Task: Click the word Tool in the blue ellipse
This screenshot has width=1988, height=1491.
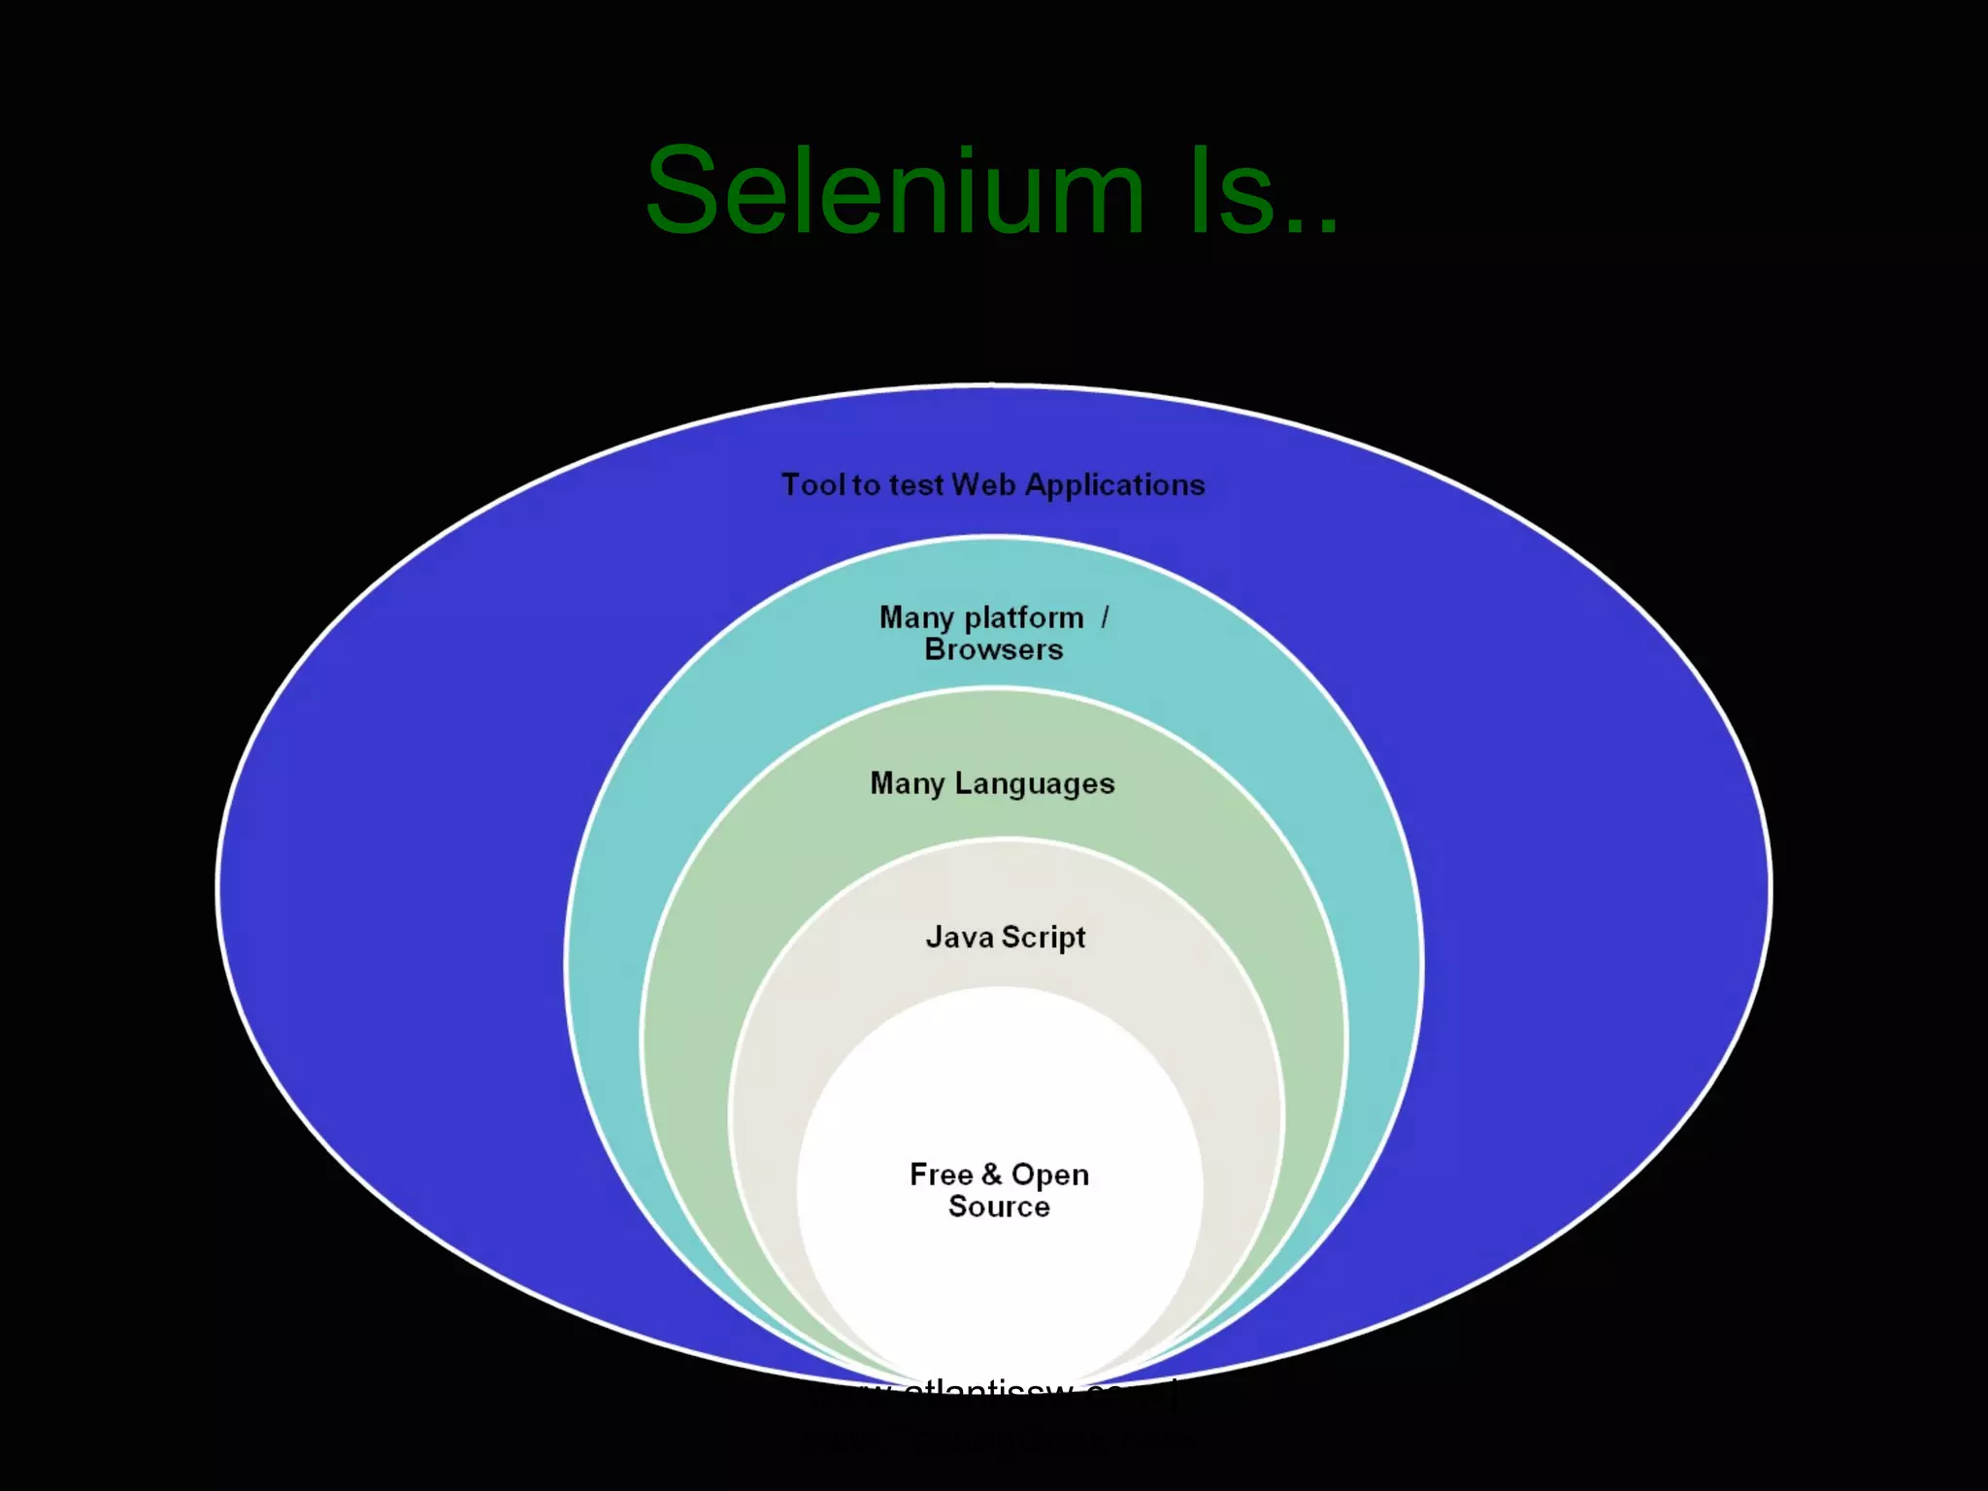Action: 813,484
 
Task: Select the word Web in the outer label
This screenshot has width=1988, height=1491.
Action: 983,484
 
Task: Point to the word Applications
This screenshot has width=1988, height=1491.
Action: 1114,484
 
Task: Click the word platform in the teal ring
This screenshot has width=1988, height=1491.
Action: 1024,617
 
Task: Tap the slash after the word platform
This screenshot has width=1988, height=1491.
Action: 1105,617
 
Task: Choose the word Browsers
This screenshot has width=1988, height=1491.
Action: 993,649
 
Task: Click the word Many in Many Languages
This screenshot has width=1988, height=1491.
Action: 907,783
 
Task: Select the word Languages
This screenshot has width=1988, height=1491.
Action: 1035,783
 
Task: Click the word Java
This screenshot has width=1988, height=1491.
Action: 959,937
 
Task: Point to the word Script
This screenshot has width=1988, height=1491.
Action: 1044,937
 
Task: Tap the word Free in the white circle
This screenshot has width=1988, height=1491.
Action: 941,1175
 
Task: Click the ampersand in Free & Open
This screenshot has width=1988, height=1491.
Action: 991,1175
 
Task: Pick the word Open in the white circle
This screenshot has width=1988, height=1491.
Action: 1050,1175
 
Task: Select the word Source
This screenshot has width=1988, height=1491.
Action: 999,1207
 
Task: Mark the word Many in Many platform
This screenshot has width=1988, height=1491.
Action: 916,617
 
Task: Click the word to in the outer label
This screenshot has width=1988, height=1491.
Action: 866,484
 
